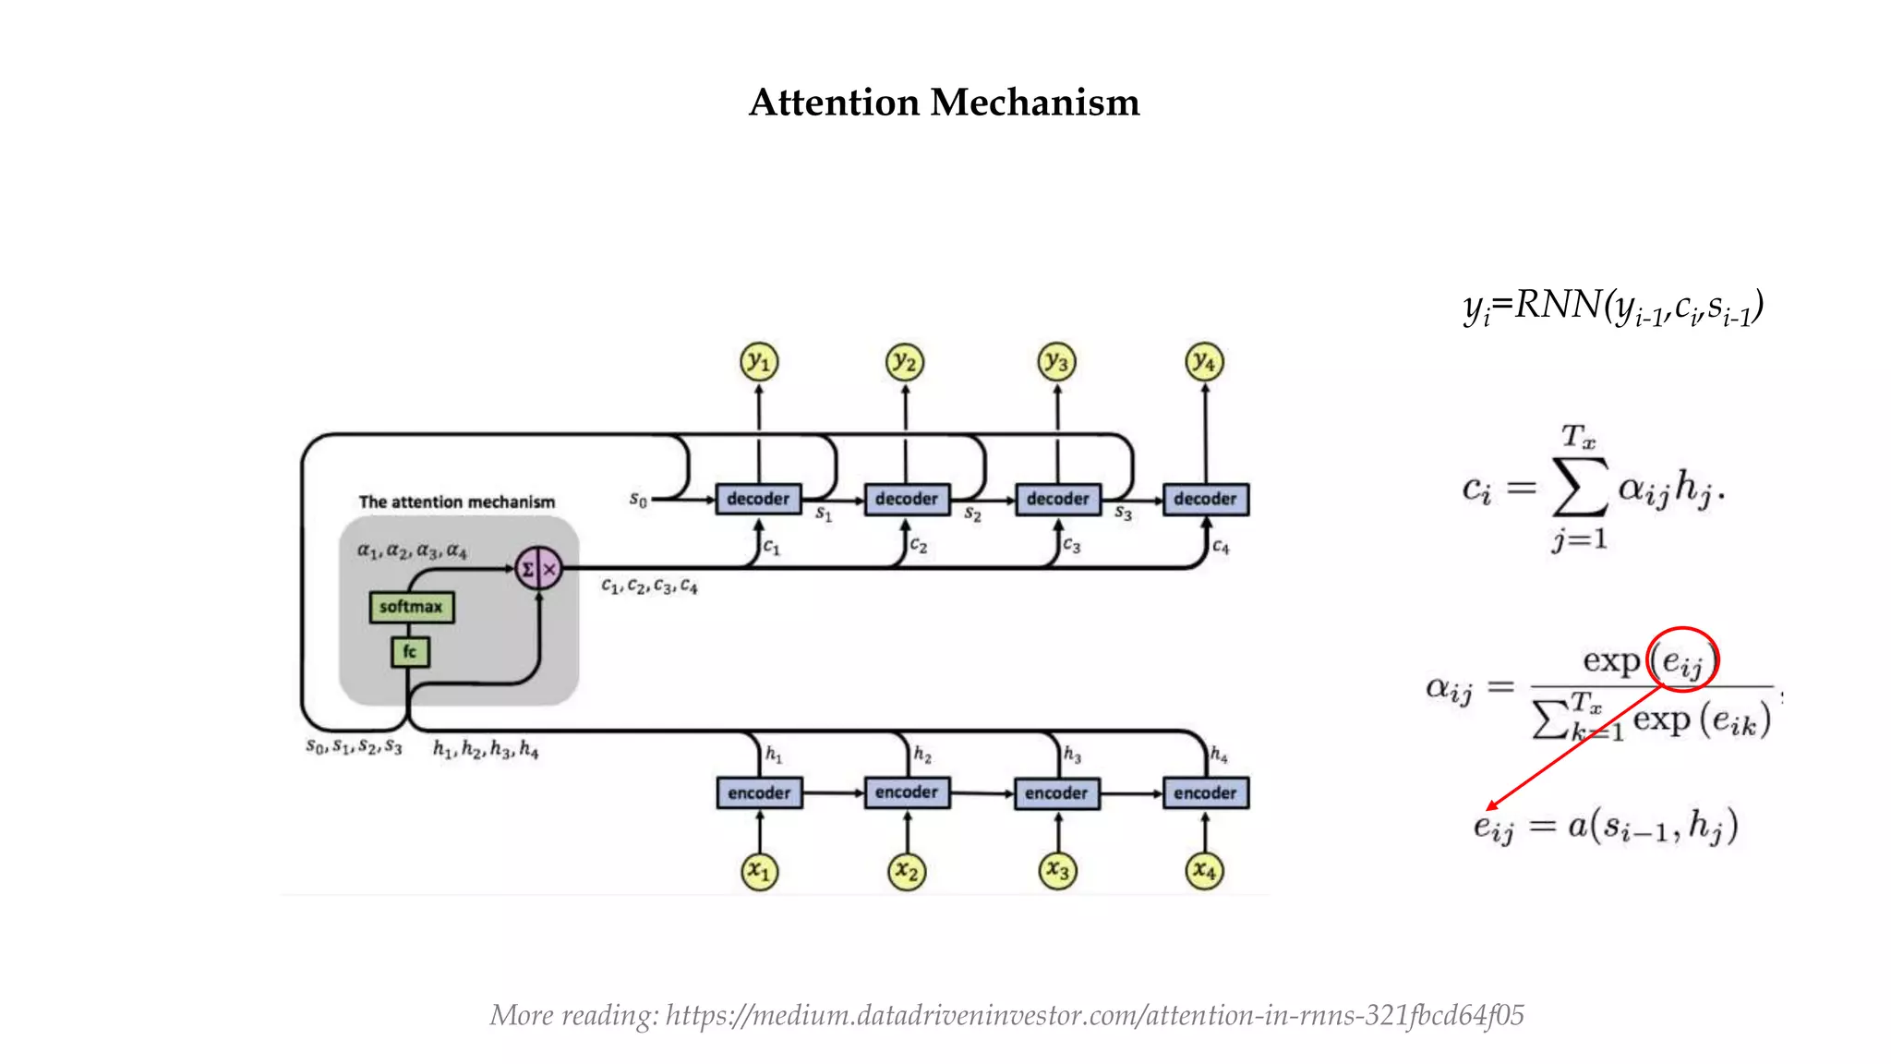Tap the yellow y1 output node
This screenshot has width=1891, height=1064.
pos(759,361)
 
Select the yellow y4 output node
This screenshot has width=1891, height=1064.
pos(1204,361)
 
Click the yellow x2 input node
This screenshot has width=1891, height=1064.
pos(907,871)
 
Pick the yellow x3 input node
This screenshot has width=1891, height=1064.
pos(1057,871)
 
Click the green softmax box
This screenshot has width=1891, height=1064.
pos(411,607)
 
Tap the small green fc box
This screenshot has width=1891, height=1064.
pos(409,652)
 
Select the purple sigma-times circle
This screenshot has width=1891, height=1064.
pos(538,569)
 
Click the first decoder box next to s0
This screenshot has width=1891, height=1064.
pos(758,499)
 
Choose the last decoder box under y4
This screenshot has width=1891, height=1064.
pos(1205,499)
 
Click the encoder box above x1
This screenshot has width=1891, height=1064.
pos(759,792)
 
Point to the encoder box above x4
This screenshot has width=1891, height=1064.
pos(1205,792)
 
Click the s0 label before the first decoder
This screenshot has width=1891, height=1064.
pos(638,500)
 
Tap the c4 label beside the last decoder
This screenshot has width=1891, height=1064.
pos(1221,547)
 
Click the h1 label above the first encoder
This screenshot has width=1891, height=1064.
pos(774,755)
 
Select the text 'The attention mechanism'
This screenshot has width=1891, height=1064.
pos(457,502)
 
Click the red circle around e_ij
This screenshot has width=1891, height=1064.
pos(1683,659)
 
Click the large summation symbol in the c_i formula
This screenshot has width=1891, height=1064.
pos(1580,487)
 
